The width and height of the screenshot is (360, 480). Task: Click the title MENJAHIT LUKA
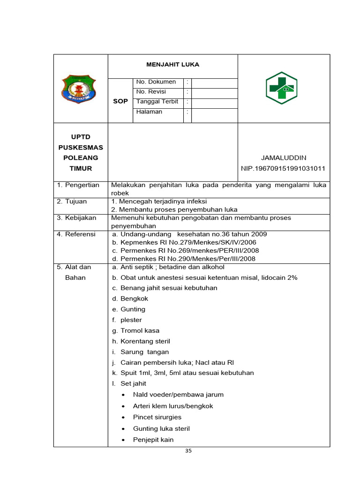click(172, 65)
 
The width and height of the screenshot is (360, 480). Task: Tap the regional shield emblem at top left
click(80, 89)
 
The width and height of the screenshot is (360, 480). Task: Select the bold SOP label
click(120, 101)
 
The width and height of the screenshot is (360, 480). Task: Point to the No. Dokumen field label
click(156, 82)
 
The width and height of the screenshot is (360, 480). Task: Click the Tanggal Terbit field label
click(157, 102)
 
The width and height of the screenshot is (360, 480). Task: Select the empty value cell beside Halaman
click(214, 112)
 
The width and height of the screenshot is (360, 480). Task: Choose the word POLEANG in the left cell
click(81, 158)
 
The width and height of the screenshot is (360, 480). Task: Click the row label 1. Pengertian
click(78, 185)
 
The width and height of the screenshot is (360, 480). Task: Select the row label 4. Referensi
click(76, 234)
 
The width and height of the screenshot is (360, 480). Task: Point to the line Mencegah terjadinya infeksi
click(156, 202)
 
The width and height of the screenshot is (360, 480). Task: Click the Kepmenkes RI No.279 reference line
click(184, 242)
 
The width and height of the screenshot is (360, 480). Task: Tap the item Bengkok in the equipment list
click(134, 299)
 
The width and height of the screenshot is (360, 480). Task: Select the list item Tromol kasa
click(139, 330)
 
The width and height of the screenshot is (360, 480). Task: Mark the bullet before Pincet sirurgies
click(123, 418)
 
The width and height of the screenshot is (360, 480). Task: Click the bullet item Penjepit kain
click(153, 440)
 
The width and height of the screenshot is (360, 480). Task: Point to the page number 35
click(188, 451)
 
